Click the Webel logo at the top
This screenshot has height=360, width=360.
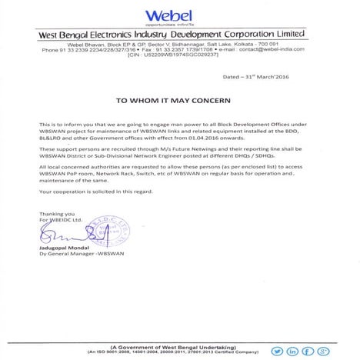tap(179, 16)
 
